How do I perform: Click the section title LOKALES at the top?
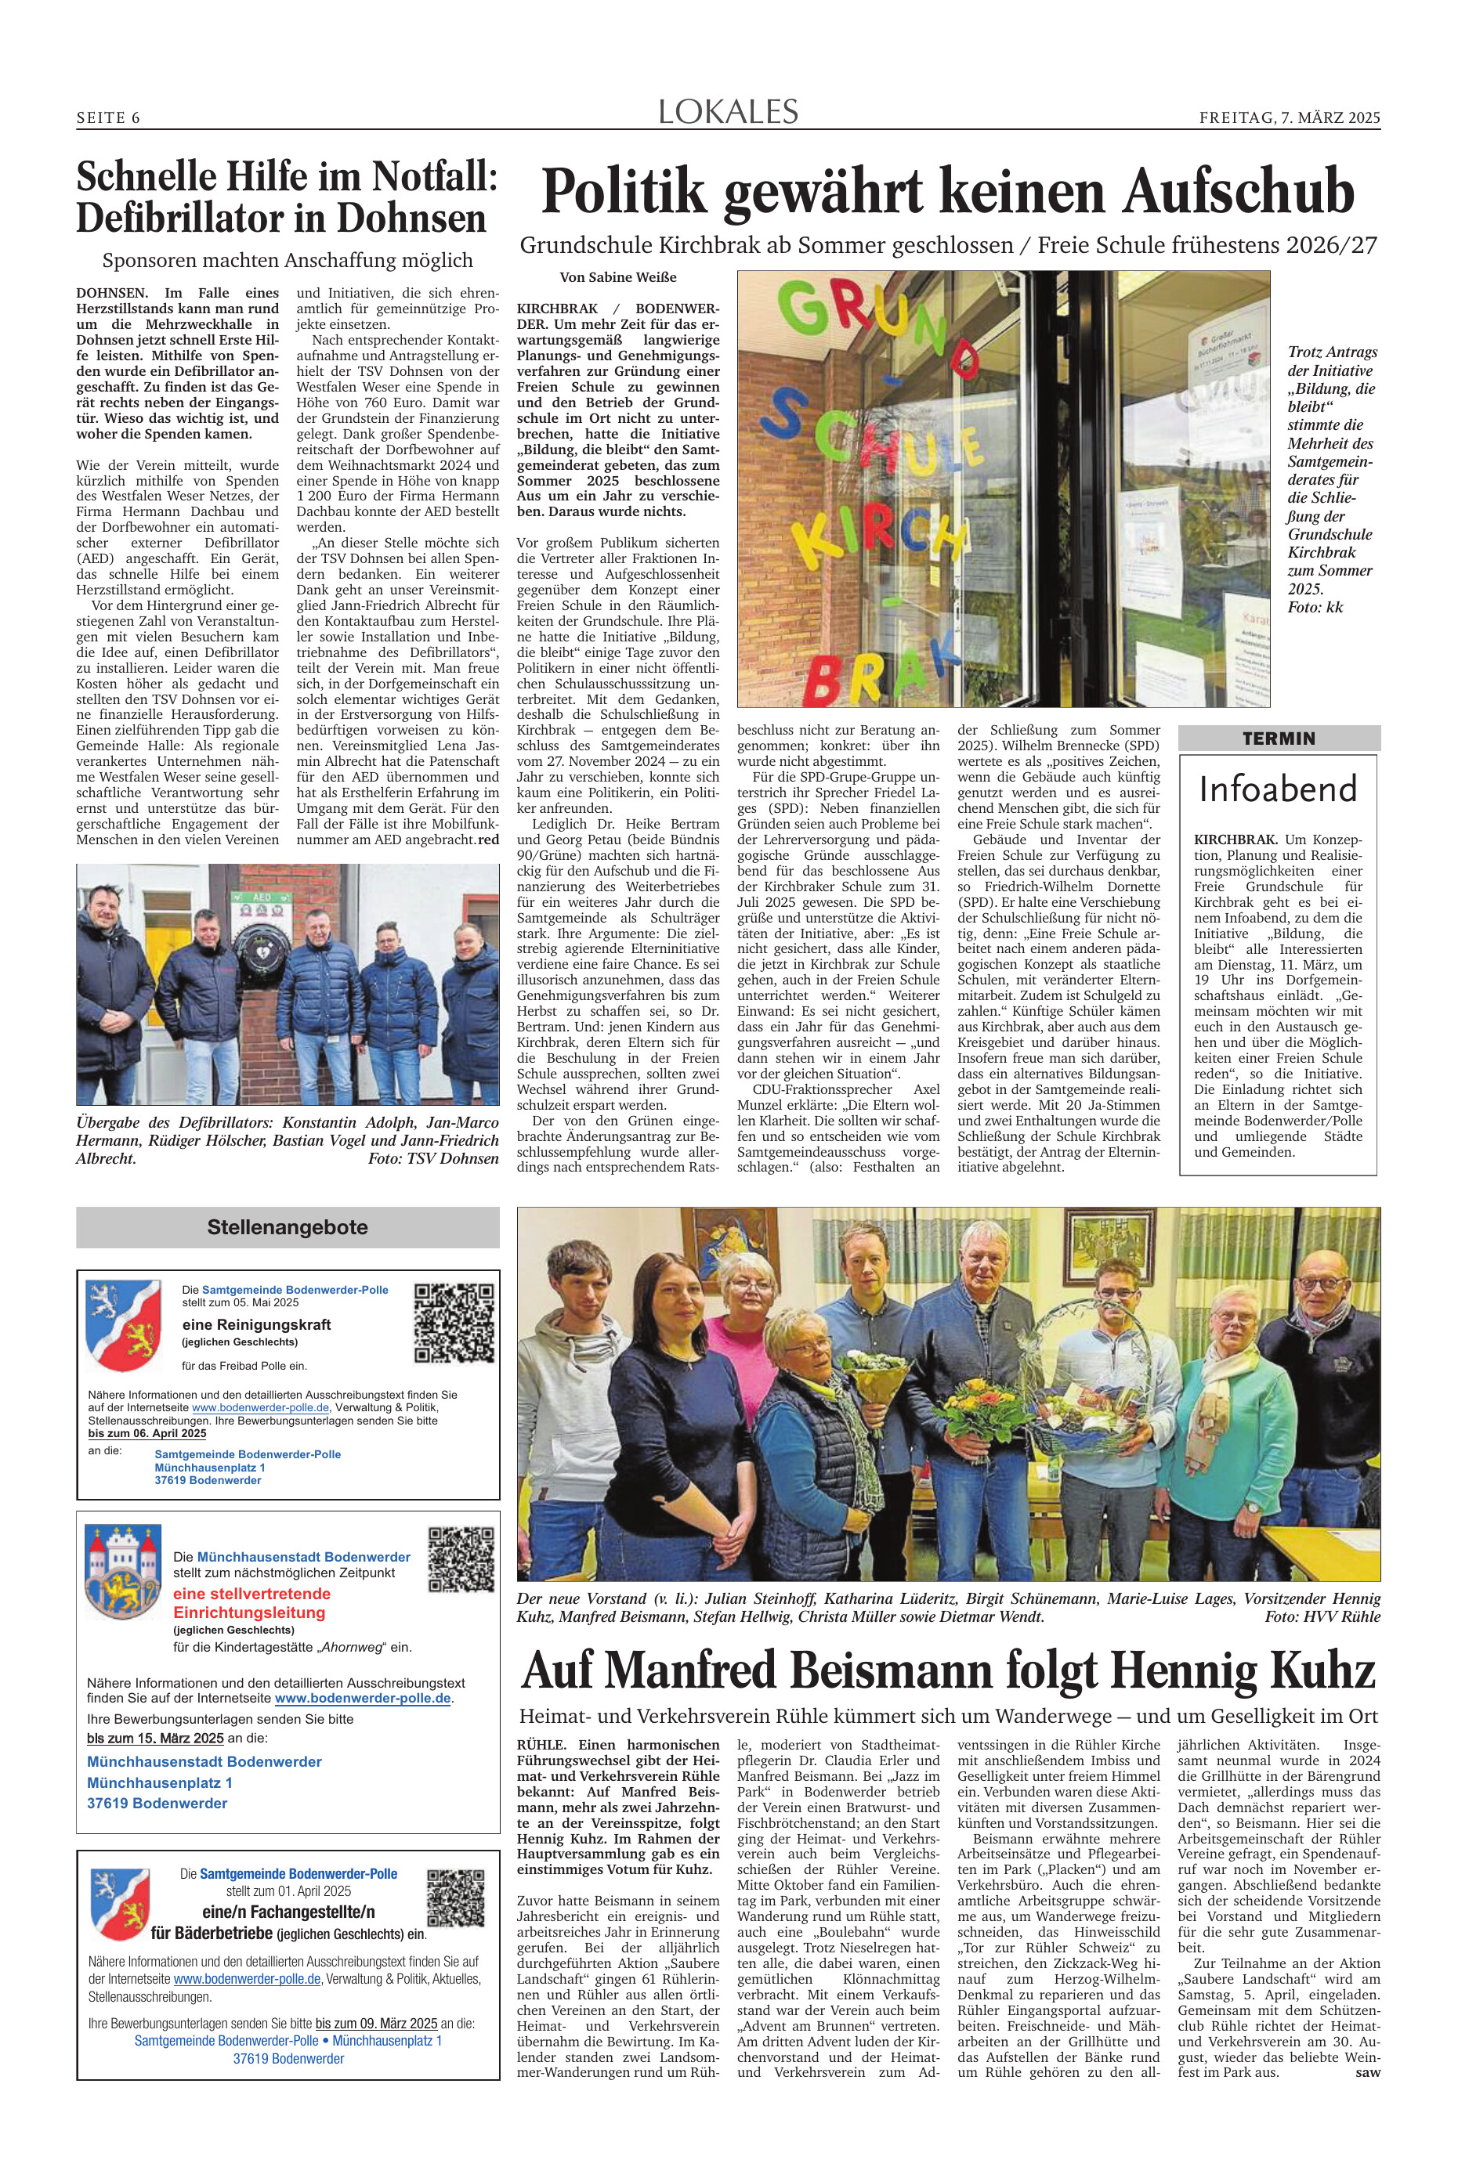[x=728, y=113]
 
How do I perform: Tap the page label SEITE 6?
[x=108, y=118]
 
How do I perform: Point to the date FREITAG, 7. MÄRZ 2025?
[x=1290, y=118]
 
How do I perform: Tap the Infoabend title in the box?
[x=1279, y=789]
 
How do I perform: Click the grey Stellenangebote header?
[x=288, y=1227]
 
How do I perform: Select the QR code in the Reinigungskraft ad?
[x=453, y=1322]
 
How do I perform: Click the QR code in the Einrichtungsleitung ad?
[x=460, y=1558]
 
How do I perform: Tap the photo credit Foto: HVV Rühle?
[x=1322, y=1616]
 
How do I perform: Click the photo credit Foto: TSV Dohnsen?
[x=433, y=1159]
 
